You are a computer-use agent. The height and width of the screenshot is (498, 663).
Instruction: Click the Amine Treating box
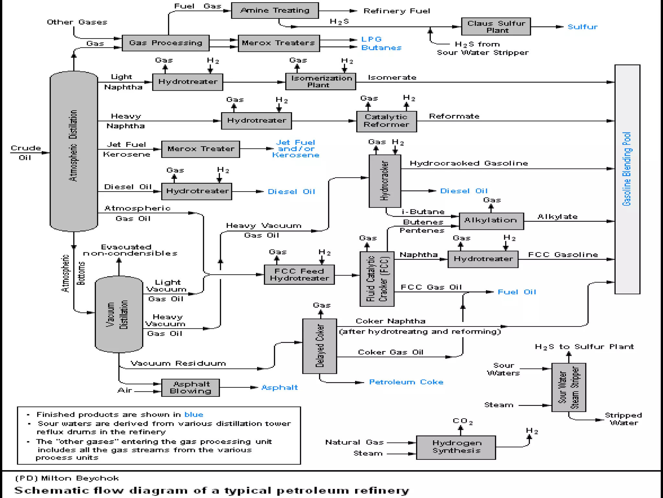[x=275, y=11]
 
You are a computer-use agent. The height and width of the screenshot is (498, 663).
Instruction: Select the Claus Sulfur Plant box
[x=496, y=27]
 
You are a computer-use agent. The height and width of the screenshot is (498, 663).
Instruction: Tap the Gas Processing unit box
[x=165, y=43]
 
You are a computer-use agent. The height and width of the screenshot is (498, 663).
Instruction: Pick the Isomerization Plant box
[x=320, y=81]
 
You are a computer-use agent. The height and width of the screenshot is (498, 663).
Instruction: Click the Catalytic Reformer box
[x=386, y=121]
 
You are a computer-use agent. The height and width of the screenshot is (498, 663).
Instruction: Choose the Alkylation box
[x=491, y=221]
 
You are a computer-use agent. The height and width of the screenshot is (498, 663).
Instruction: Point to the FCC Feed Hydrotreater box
[x=299, y=275]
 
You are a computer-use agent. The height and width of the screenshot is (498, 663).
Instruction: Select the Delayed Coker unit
[x=320, y=346]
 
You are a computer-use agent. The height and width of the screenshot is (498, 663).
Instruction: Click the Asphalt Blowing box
[x=190, y=387]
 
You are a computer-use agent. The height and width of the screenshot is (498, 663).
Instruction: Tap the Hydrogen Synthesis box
[x=456, y=447]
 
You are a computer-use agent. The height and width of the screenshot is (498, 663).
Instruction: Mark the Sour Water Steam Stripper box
[x=568, y=387]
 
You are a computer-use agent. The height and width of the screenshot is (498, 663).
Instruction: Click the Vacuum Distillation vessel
[x=119, y=314]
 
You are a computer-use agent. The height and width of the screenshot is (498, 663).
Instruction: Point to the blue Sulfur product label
[x=582, y=27]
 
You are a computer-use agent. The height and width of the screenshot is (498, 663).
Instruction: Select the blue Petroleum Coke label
[x=406, y=382]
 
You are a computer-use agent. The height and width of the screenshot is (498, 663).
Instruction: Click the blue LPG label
[x=371, y=39]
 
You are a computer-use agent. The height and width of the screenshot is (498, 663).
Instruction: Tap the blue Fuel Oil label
[x=517, y=292]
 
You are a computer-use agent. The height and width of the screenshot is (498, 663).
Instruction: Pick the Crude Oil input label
[x=25, y=153]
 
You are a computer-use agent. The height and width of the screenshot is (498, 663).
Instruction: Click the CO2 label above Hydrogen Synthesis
[x=462, y=421]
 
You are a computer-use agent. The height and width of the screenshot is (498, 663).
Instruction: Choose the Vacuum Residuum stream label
[x=178, y=363]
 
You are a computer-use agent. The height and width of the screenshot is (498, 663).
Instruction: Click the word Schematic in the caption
[x=51, y=490]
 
